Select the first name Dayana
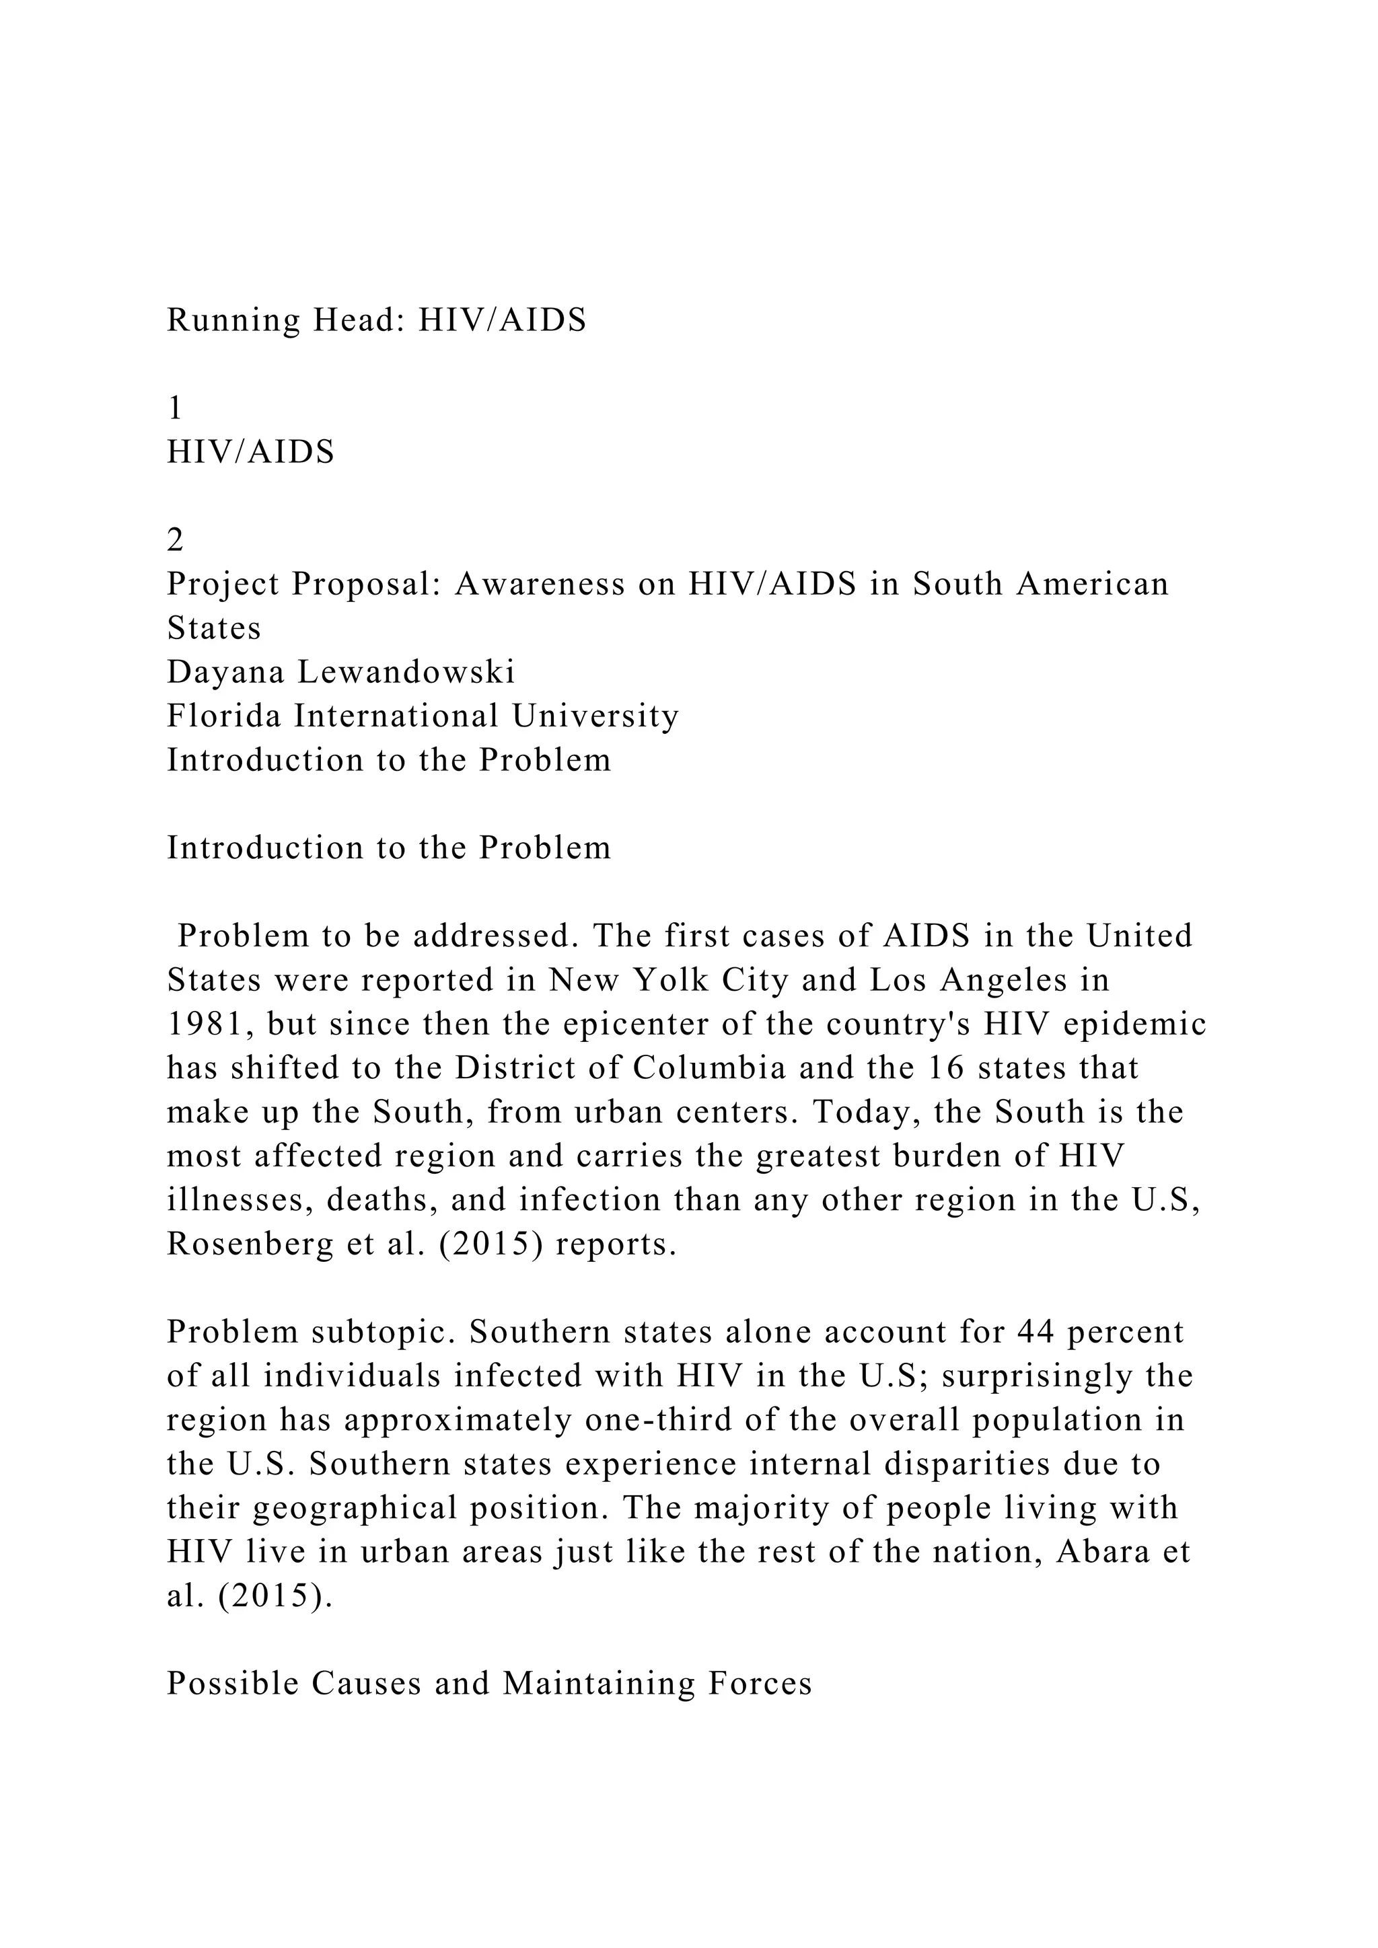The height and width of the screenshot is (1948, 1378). click(x=225, y=673)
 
